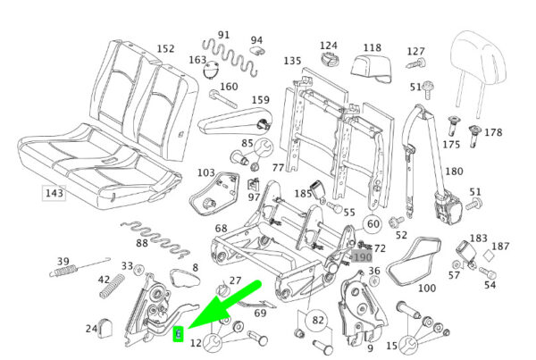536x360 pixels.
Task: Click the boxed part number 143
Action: point(54,193)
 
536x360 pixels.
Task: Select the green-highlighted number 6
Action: point(179,334)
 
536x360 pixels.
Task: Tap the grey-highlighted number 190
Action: point(362,256)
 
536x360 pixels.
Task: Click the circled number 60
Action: point(373,224)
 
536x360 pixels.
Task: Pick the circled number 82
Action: point(317,320)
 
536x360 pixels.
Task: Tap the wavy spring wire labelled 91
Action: point(230,56)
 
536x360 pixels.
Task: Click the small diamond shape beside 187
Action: point(489,255)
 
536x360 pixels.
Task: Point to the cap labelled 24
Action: point(105,328)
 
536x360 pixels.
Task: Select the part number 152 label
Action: point(165,49)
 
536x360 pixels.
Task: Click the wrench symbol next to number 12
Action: point(213,342)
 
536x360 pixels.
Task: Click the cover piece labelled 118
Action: point(372,69)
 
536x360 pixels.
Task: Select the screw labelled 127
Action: point(416,63)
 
